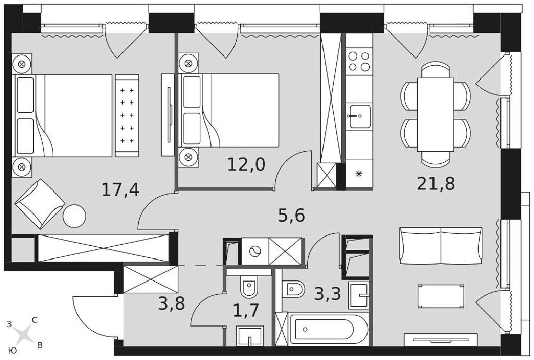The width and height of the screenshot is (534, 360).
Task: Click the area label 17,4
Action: (120, 190)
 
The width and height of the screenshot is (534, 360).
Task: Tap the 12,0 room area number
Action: (246, 165)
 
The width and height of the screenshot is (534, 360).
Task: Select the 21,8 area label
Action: (436, 184)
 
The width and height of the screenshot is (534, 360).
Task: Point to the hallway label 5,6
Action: (291, 215)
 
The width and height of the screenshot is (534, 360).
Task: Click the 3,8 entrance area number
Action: (171, 304)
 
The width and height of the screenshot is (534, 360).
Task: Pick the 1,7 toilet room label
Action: (246, 310)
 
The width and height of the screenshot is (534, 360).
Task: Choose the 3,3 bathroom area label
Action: (327, 294)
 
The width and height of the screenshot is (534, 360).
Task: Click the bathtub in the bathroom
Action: (326, 329)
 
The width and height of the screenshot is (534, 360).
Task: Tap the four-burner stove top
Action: (359, 62)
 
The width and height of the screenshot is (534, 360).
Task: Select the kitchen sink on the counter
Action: (359, 116)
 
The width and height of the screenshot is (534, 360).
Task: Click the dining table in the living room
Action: (435, 114)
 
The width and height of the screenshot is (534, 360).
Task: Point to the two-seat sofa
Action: (441, 246)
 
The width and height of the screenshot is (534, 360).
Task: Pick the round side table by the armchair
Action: (74, 215)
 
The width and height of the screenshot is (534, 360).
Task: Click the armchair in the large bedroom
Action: (40, 203)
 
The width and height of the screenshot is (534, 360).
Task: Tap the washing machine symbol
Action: (255, 251)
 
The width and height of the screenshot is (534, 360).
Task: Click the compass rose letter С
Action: (34, 320)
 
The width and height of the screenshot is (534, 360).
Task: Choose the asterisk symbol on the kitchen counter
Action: (359, 174)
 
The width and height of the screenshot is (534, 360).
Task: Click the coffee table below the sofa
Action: (441, 296)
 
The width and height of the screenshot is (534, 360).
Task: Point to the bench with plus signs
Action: (127, 115)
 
